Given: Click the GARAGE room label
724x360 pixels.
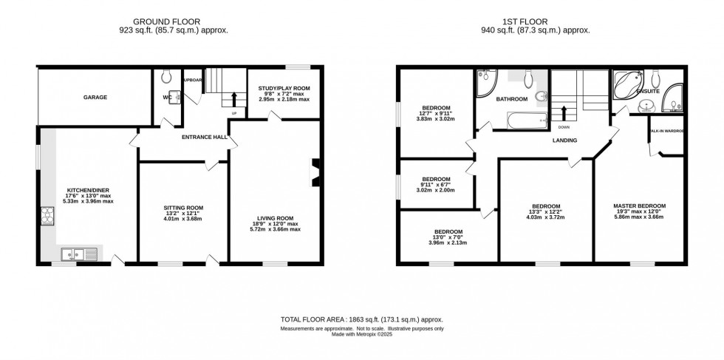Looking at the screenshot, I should click(x=95, y=97).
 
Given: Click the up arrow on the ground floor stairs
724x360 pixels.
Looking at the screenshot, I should click(x=235, y=98).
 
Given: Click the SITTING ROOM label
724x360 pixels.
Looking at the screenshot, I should click(x=182, y=208).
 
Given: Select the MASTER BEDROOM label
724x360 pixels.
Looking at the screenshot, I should click(x=640, y=206).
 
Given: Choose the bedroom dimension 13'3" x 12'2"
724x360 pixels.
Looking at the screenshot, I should click(x=547, y=212).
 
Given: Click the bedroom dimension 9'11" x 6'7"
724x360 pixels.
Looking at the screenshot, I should click(x=436, y=185).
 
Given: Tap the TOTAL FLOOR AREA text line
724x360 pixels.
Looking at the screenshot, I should click(x=361, y=319).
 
